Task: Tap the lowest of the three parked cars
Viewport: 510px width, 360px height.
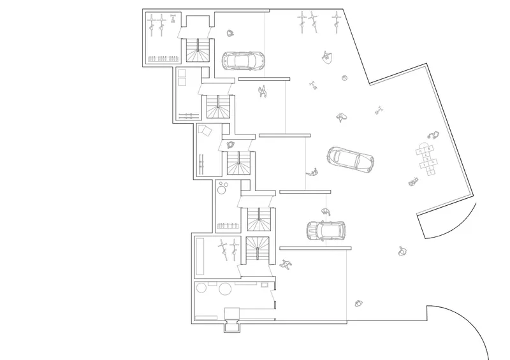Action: [x=325, y=229]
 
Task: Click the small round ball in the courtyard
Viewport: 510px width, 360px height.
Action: [x=344, y=79]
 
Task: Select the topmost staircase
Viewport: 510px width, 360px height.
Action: [x=197, y=50]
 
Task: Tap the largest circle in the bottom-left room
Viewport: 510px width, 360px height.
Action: [x=224, y=289]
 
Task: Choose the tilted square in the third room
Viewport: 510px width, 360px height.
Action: [x=206, y=131]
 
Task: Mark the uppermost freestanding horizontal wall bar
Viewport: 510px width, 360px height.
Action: [x=264, y=78]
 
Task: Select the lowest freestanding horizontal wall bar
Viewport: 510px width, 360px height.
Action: [x=315, y=247]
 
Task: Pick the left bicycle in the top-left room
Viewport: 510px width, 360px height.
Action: [x=152, y=25]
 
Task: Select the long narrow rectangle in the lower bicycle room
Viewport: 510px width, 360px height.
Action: [x=200, y=256]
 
